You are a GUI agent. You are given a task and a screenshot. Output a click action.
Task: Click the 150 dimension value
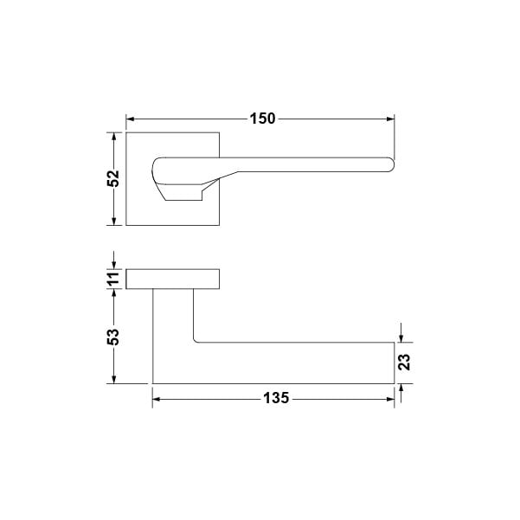[x=262, y=119]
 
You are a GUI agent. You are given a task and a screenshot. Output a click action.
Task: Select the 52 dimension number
[x=113, y=178]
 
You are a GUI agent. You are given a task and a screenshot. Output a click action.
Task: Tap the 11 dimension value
[x=113, y=279]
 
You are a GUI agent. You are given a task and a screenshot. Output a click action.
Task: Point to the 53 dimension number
[x=113, y=337]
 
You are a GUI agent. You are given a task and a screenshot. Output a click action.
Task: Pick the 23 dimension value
[x=405, y=363]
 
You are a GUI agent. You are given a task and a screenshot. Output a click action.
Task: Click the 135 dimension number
[x=276, y=398]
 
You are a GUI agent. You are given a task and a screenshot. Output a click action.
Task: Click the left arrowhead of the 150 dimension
[x=130, y=119]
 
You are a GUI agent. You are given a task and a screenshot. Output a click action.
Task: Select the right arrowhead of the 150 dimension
[x=390, y=119]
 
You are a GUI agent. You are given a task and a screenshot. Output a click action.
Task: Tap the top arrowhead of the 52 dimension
[x=113, y=137]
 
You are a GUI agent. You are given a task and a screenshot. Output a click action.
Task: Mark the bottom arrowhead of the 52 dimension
[x=113, y=221]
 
